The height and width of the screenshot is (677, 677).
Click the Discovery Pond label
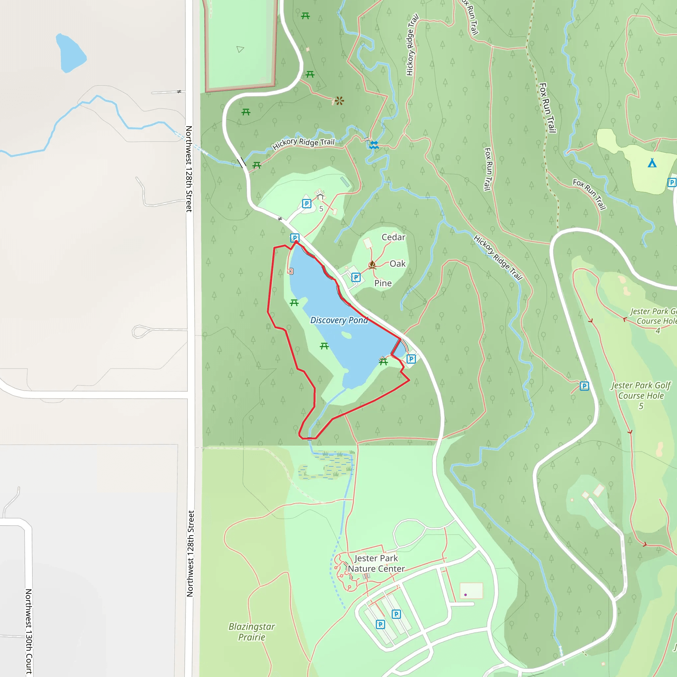339,320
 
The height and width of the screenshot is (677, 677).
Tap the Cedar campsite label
393,237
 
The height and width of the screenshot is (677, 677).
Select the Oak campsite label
397,263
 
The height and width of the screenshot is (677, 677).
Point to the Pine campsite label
383,283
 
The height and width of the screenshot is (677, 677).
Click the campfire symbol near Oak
372,264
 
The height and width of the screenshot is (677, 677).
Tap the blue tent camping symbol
652,163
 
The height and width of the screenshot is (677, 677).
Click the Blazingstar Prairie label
252,631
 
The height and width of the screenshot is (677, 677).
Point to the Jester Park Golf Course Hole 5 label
641,396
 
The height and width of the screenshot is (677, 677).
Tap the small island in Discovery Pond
346,335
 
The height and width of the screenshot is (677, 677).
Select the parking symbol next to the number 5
307,204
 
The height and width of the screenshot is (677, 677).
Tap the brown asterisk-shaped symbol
339,101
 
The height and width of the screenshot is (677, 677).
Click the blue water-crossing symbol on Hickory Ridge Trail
374,145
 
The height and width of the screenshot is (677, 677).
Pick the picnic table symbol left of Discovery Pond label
294,302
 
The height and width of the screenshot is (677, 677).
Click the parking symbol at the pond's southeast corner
411,359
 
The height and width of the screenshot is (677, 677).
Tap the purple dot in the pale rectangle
465,595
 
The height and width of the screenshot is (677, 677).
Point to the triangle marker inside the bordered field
240,49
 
